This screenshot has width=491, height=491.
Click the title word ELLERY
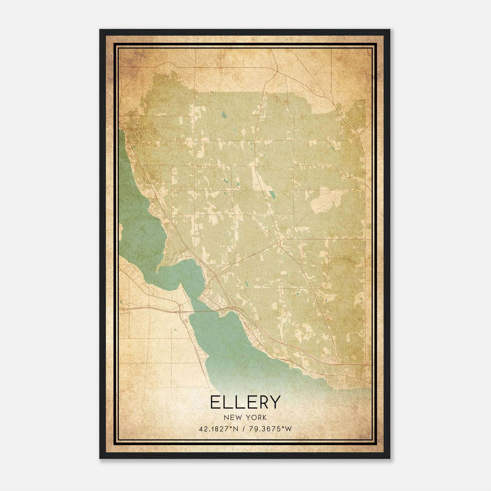[x=245, y=402]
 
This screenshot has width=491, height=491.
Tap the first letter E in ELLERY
[x=215, y=402]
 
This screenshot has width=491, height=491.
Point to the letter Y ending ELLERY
[x=275, y=402]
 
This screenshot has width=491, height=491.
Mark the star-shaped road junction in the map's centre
[x=280, y=242]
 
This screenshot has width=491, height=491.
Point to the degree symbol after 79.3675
[x=283, y=427]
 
